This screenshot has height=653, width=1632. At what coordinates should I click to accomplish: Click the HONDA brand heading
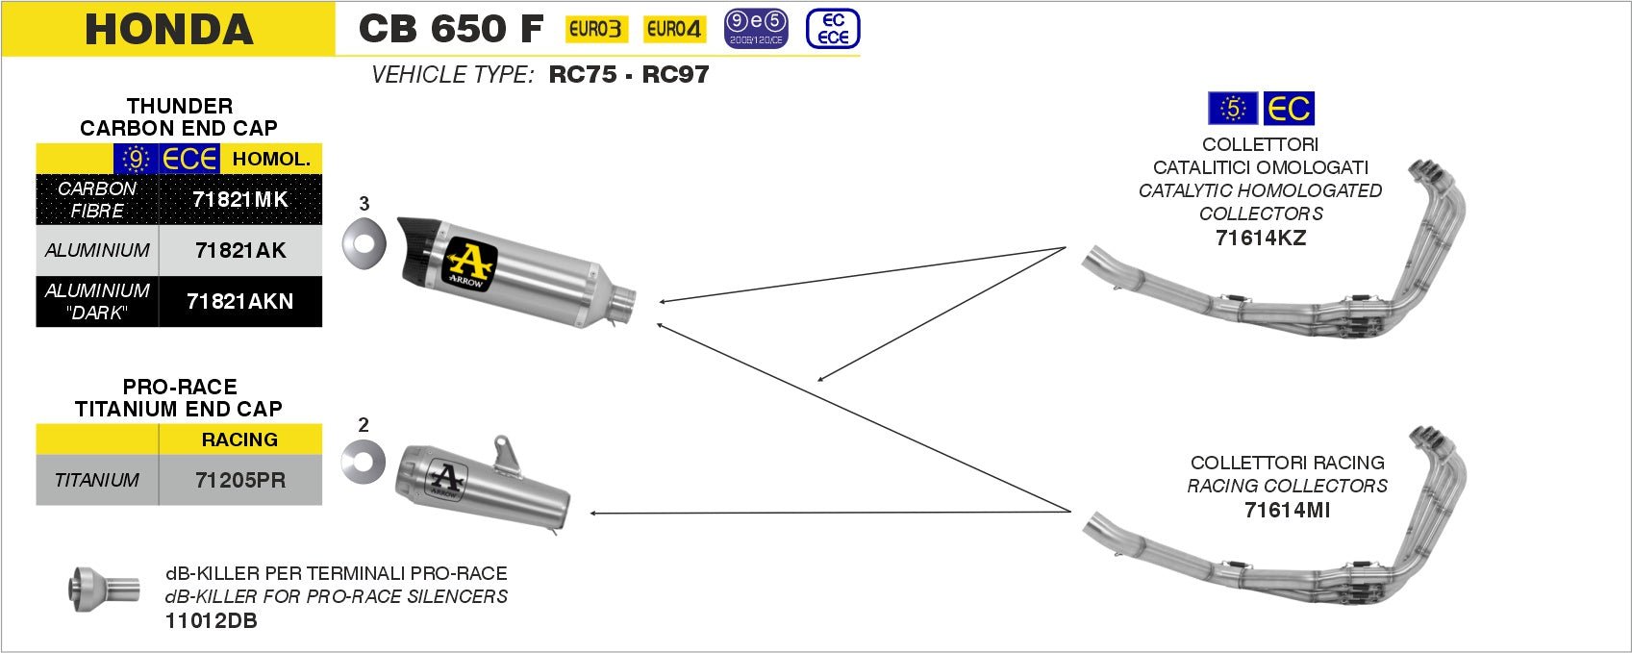coord(168,29)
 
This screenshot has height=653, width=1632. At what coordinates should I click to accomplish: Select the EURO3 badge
coord(594,30)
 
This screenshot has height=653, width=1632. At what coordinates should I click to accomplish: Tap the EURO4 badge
coord(672,30)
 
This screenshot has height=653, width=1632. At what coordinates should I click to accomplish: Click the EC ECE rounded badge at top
coord(832,29)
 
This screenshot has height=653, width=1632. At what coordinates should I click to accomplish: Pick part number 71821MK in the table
coord(240,200)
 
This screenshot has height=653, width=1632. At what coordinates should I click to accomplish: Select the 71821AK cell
coord(240,251)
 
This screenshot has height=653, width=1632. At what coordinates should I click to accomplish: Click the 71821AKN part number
coord(240,301)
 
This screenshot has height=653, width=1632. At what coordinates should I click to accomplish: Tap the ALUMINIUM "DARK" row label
coord(97,301)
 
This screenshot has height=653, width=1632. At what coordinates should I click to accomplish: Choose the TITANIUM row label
coord(97,480)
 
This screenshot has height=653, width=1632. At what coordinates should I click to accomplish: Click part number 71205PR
coord(240,480)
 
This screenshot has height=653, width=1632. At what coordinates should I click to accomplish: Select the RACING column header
coord(239,440)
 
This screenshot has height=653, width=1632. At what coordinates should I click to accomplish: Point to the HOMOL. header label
coord(271,160)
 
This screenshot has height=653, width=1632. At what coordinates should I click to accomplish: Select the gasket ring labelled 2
coord(363,464)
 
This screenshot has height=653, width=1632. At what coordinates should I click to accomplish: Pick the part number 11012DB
coord(212,621)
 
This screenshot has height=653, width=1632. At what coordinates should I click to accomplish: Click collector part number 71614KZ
coord(1260,239)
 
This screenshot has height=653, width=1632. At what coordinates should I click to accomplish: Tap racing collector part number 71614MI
coord(1287,511)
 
